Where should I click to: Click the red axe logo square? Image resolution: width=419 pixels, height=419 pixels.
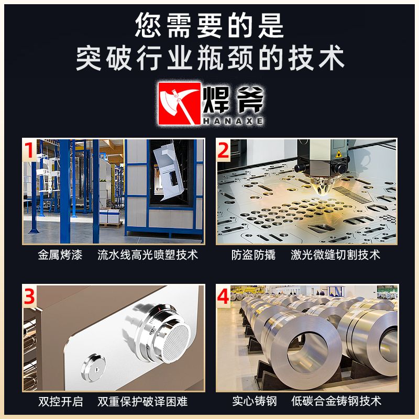pyautogui.click(x=179, y=103)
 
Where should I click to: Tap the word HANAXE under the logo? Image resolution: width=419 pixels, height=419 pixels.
pyautogui.click(x=233, y=121)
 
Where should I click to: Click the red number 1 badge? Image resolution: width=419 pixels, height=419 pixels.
pyautogui.click(x=29, y=150)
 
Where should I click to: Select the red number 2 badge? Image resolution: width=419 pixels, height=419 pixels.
pyautogui.click(x=223, y=150)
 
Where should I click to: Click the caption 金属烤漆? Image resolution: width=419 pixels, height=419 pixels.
pyautogui.click(x=60, y=255)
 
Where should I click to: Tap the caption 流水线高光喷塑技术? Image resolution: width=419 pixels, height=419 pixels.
pyautogui.click(x=148, y=255)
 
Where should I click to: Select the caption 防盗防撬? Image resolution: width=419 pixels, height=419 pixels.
pyautogui.click(x=253, y=255)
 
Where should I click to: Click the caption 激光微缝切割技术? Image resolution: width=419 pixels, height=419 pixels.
pyautogui.click(x=335, y=255)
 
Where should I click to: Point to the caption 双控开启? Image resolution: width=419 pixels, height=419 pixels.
pyautogui.click(x=61, y=401)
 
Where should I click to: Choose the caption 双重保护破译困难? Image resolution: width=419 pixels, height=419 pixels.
pyautogui.click(x=142, y=401)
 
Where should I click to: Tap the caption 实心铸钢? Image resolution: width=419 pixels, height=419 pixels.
pyautogui.click(x=255, y=401)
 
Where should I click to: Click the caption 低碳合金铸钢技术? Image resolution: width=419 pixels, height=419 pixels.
pyautogui.click(x=336, y=401)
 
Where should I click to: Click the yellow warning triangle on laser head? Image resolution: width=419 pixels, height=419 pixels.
pyautogui.click(x=339, y=154)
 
